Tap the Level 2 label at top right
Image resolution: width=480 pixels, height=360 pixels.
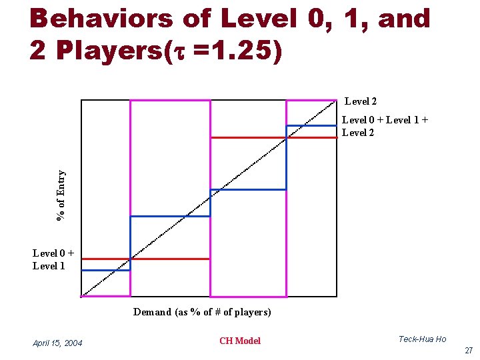pos(361,101)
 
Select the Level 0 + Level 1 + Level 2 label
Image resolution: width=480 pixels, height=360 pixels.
pos(385,126)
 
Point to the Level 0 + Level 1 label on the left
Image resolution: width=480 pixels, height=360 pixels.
pos(53,259)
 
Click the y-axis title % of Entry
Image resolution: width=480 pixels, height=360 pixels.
pos(61,195)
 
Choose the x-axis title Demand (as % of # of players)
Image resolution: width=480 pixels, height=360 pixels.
pos(202,312)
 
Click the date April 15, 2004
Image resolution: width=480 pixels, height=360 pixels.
pos(57,343)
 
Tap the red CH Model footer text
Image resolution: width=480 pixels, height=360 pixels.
pos(240,341)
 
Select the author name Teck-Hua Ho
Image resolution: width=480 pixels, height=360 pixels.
pos(422,339)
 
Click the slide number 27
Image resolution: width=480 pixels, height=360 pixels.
pos(469,351)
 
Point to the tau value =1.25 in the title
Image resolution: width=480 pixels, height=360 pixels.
pos(233,52)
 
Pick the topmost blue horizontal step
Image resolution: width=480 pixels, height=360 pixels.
pos(311,125)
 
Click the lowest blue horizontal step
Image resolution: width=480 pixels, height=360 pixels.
pos(105,270)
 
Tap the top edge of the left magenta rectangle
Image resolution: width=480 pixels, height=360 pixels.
pos(170,100)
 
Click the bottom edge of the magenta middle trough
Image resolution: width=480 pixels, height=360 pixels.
pos(248,296)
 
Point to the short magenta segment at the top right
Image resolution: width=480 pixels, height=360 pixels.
pos(311,100)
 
